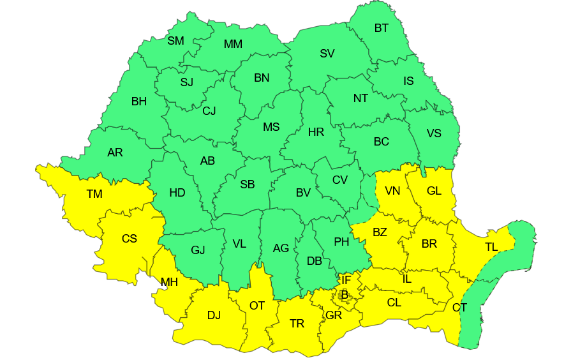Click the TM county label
click(x=94, y=193)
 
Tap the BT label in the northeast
click(x=382, y=28)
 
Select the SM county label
click(x=175, y=41)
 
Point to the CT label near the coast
click(x=459, y=308)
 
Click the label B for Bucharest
click(x=345, y=295)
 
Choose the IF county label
click(x=346, y=280)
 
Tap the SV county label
click(x=327, y=54)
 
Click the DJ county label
click(x=214, y=315)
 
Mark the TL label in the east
click(x=491, y=247)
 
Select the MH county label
click(x=169, y=281)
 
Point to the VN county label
click(x=392, y=190)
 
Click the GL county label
click(x=434, y=190)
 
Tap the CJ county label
click(x=209, y=111)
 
